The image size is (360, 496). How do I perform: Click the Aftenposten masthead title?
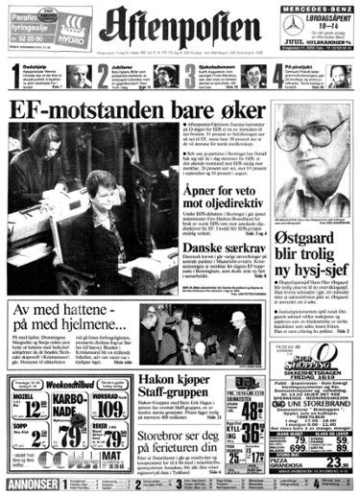pyautogui.click(x=180, y=24)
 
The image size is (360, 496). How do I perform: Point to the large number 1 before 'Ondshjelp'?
pyautogui.click(x=11, y=71)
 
